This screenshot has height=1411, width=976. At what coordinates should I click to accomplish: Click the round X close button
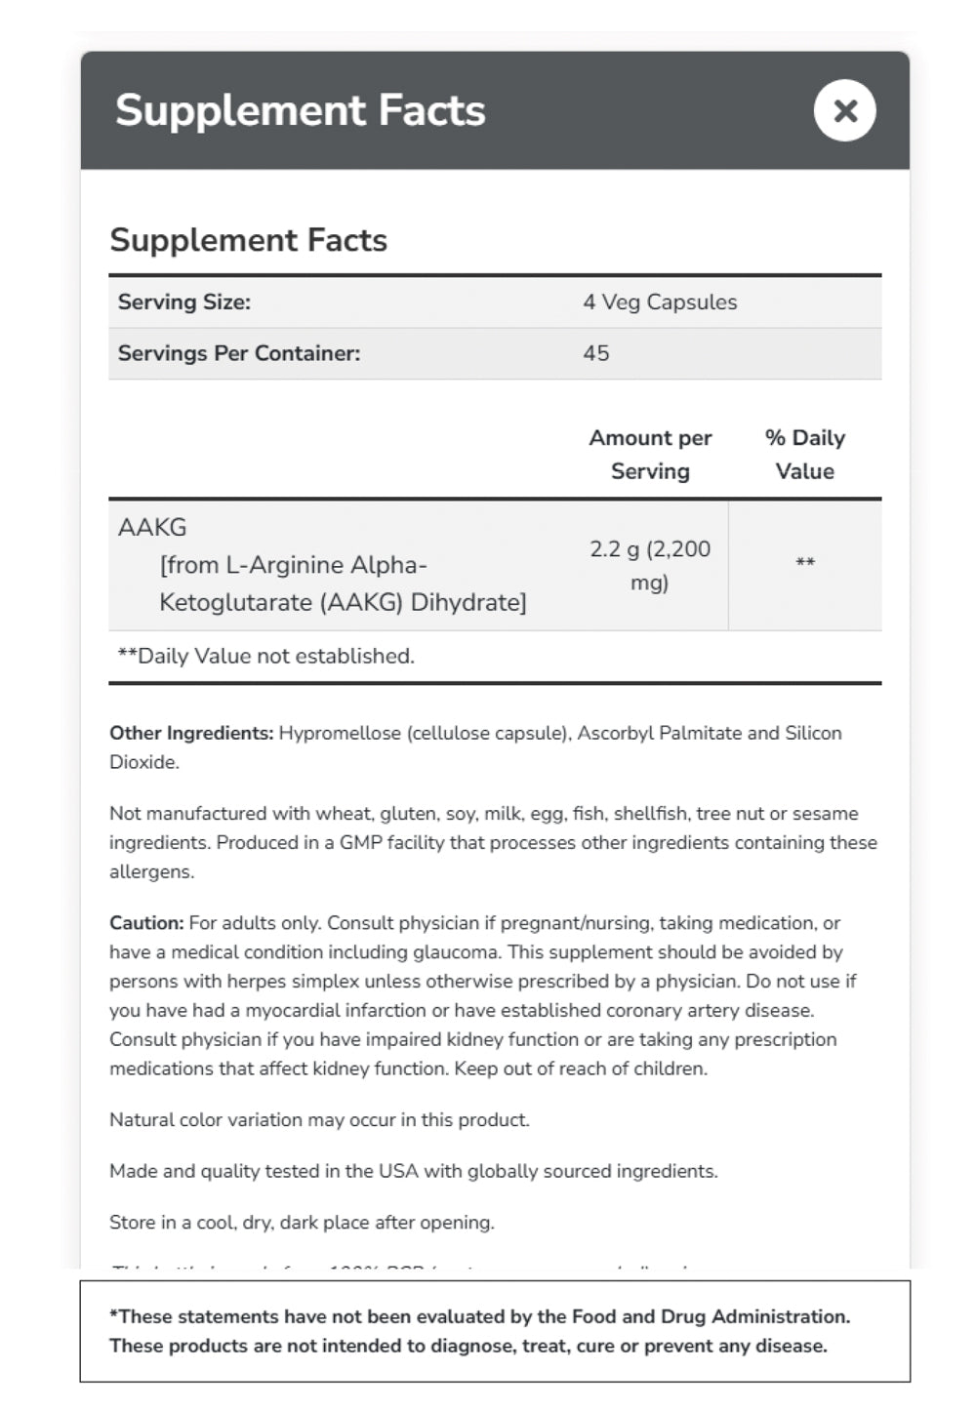pos(844,110)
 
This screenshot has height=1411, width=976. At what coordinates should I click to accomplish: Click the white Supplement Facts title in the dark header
pos(300,110)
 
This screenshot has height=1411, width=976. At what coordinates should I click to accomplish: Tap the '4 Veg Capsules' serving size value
pos(660,302)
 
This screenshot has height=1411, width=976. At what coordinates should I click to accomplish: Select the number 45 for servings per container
pos(595,353)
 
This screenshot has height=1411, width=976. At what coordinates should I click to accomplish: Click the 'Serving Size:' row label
pos(183,302)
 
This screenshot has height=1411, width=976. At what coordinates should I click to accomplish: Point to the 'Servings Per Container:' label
pos(238,353)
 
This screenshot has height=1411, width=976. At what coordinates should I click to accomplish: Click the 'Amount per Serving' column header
pos(650,455)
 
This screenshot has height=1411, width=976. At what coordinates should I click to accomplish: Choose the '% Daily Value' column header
pos(804,455)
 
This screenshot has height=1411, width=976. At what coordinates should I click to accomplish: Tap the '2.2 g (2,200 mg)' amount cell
pos(650,565)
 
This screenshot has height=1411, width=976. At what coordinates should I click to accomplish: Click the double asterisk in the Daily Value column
pos(804,563)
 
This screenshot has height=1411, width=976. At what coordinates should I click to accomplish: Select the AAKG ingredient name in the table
pos(152,528)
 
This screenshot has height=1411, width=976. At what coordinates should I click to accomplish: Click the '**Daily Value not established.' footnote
pos(265,656)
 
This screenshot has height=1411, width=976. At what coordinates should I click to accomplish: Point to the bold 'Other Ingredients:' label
pos(191,733)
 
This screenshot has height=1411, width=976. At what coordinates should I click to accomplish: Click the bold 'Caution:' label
pos(146,923)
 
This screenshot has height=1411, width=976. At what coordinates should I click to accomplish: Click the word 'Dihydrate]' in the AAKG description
pos(468,602)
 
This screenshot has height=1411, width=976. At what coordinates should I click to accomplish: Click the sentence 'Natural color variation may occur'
pos(319,1120)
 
